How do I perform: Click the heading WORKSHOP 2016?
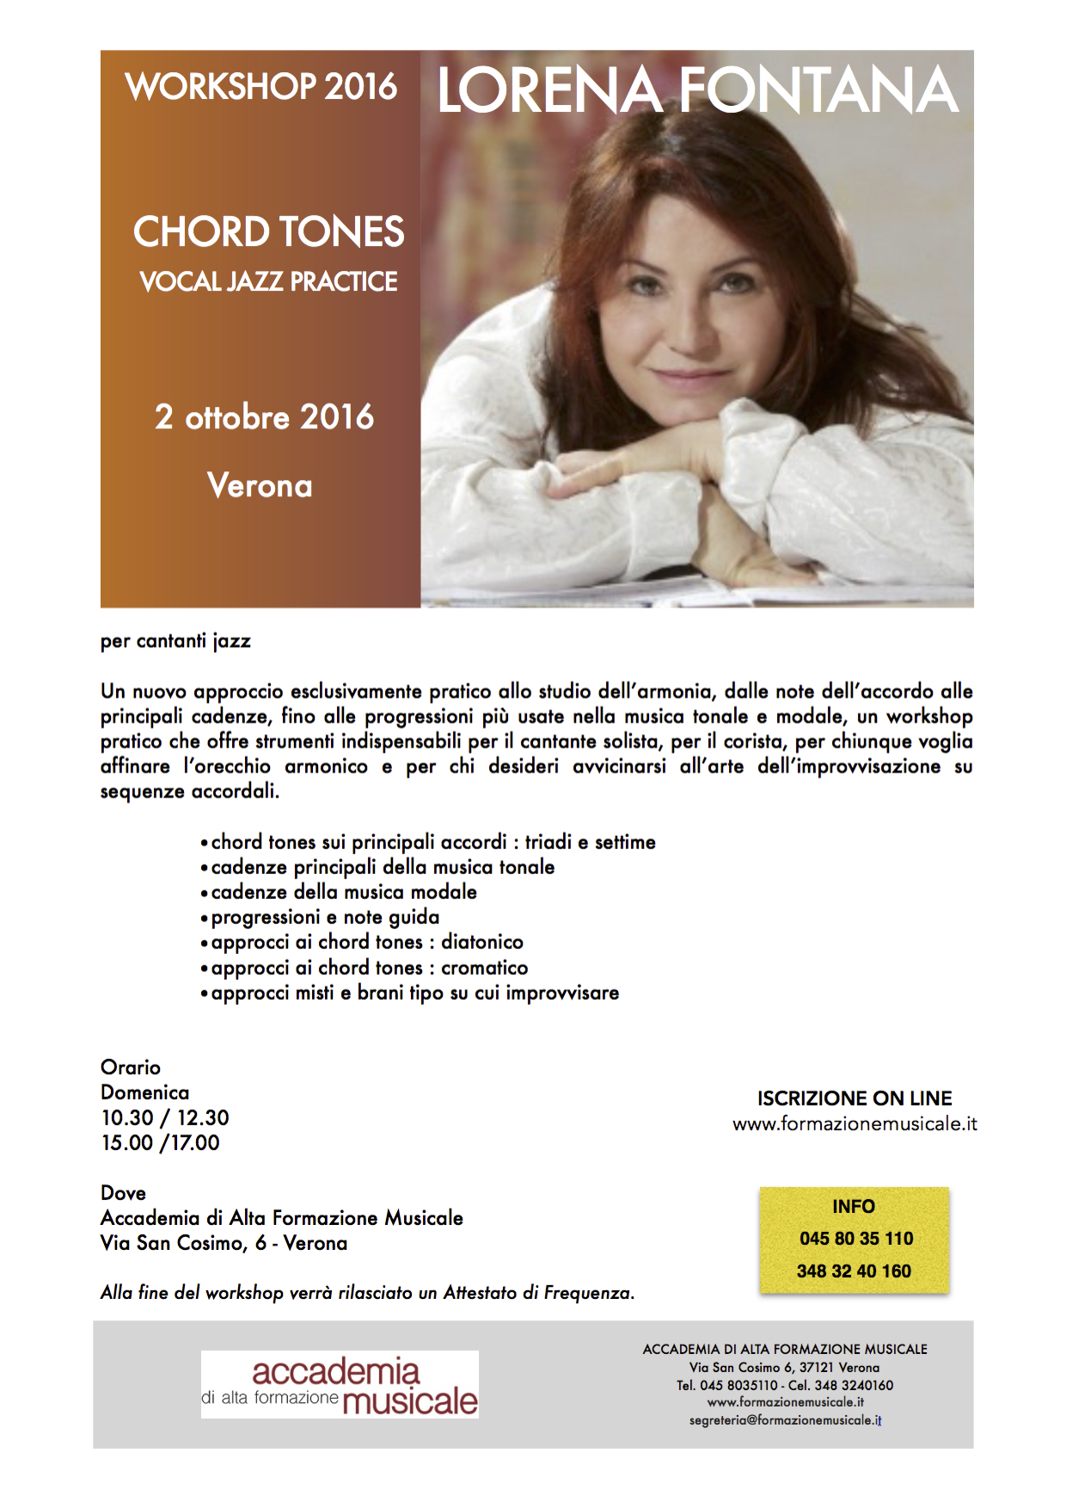261,87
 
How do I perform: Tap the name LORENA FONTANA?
697,90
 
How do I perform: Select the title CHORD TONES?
268,232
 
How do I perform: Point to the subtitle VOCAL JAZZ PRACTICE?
268,281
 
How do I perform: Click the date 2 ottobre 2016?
264,417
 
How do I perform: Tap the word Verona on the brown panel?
260,486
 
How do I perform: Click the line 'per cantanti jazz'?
175,641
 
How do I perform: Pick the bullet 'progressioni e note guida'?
325,917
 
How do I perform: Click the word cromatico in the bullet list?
485,968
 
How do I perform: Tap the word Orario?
131,1068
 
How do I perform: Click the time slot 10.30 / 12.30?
165,1117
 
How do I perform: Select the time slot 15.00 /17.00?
160,1142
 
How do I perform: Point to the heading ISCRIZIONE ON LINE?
855,1099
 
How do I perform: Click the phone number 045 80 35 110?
856,1239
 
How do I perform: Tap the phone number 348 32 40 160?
854,1271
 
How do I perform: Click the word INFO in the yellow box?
854,1207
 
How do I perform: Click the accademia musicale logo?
340,1384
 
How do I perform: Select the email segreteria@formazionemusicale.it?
785,1420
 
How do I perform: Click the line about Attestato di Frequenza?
367,1293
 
